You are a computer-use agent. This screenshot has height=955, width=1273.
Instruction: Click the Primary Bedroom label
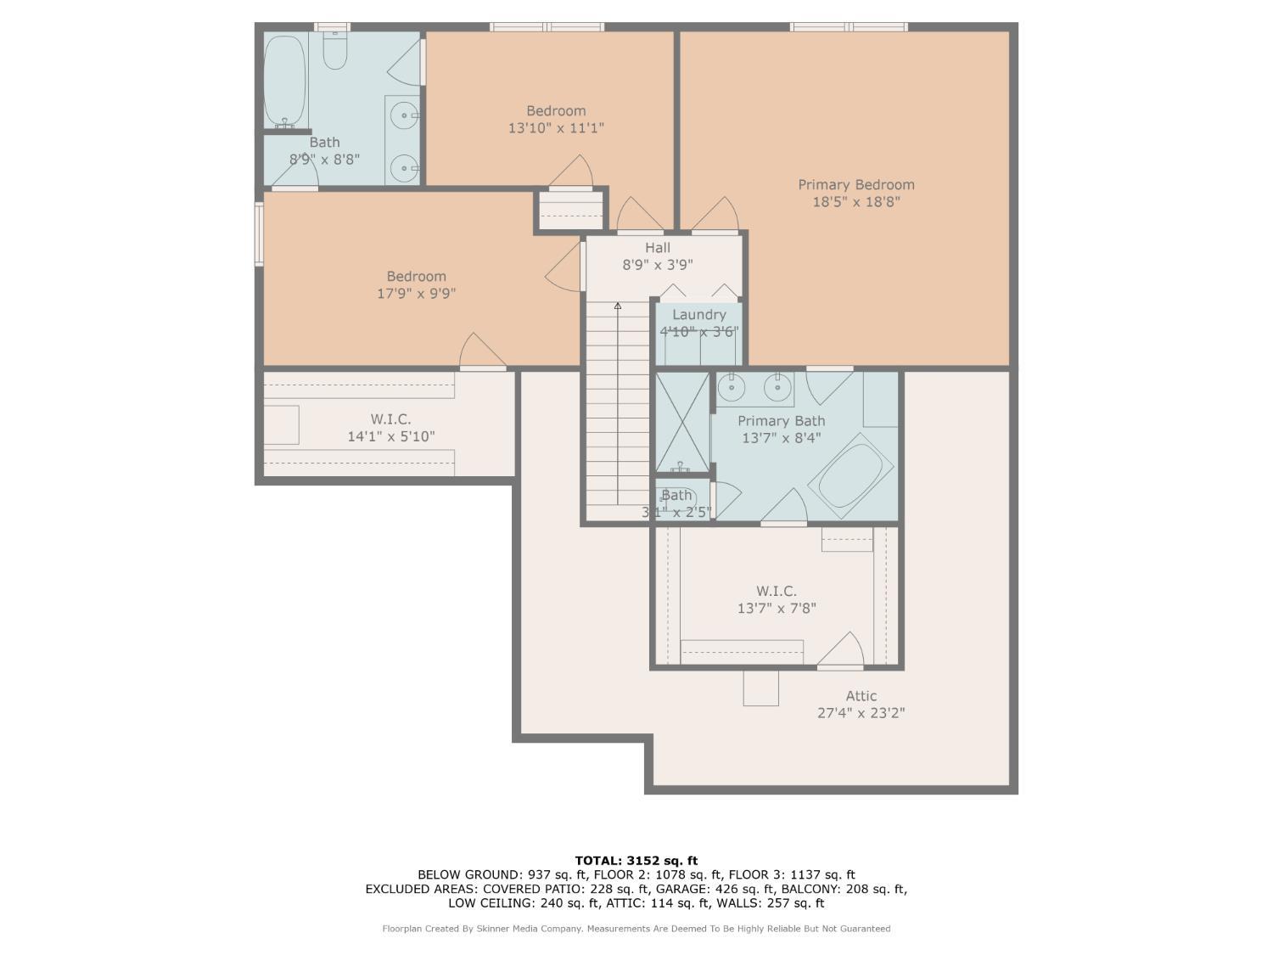pos(856,185)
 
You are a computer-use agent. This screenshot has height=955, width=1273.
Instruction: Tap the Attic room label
pos(861,696)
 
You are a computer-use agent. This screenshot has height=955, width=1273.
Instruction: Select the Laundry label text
pos(698,315)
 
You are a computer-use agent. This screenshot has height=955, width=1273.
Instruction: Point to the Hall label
pos(658,248)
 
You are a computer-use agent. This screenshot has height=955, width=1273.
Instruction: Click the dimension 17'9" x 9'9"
pos(417,294)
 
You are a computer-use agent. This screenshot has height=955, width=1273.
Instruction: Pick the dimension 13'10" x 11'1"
pos(556,127)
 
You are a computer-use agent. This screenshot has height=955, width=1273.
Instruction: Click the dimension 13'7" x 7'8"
pos(777,609)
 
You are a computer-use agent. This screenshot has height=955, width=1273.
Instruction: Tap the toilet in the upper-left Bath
pos(334,51)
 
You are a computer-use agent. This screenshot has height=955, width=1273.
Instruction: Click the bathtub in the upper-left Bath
pos(285,81)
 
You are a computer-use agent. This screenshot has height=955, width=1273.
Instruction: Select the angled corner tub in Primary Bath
pos(850,475)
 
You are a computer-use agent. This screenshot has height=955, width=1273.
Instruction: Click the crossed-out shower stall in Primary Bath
pos(682,422)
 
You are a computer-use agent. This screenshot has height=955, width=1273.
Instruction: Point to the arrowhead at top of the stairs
pos(618,306)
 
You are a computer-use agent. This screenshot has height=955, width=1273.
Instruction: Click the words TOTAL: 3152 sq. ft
pos(636,861)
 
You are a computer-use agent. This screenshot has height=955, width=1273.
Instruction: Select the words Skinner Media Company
pos(529,929)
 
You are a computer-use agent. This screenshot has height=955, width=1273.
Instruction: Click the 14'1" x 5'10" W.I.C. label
pos(391,436)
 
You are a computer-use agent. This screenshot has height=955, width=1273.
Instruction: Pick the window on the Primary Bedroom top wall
pos(849,26)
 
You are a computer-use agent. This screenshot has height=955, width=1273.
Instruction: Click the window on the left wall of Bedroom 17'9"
pos(259,234)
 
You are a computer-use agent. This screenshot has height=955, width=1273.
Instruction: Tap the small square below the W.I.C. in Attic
pos(761,688)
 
